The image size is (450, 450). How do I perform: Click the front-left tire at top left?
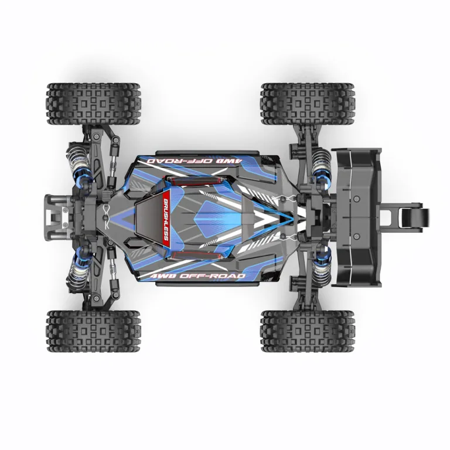(x=94, y=104)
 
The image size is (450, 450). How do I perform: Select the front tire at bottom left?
(x=94, y=331)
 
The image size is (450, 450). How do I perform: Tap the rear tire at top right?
(x=308, y=104)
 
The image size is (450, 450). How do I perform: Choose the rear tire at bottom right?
(x=308, y=331)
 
